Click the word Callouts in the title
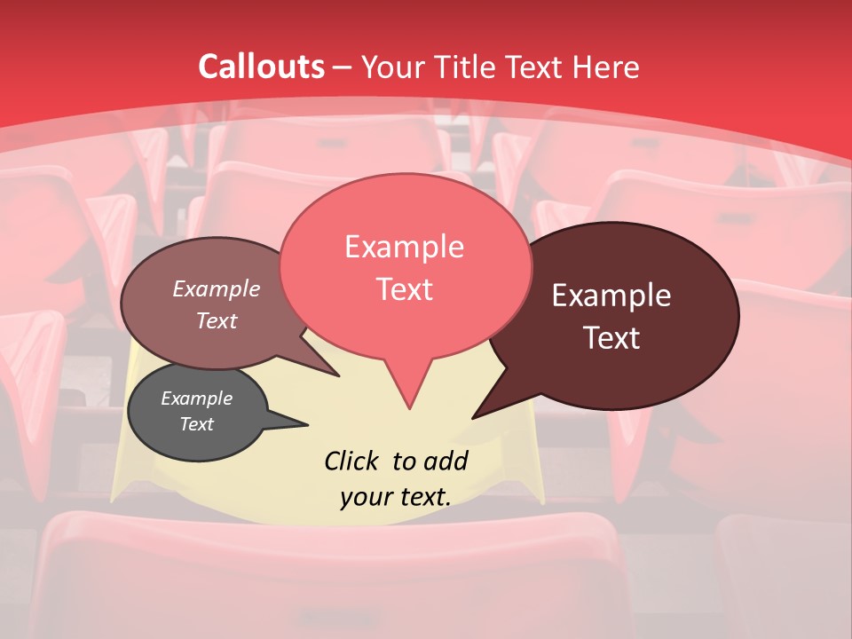click(x=261, y=67)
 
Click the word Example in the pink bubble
click(x=404, y=247)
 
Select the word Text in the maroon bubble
click(x=611, y=338)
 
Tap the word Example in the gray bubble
click(x=196, y=398)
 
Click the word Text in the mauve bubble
click(x=217, y=320)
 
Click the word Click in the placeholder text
click(x=352, y=461)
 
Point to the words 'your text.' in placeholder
click(x=396, y=496)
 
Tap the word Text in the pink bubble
click(x=404, y=289)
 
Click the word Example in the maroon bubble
click(x=611, y=296)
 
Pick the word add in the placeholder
click(x=446, y=461)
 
